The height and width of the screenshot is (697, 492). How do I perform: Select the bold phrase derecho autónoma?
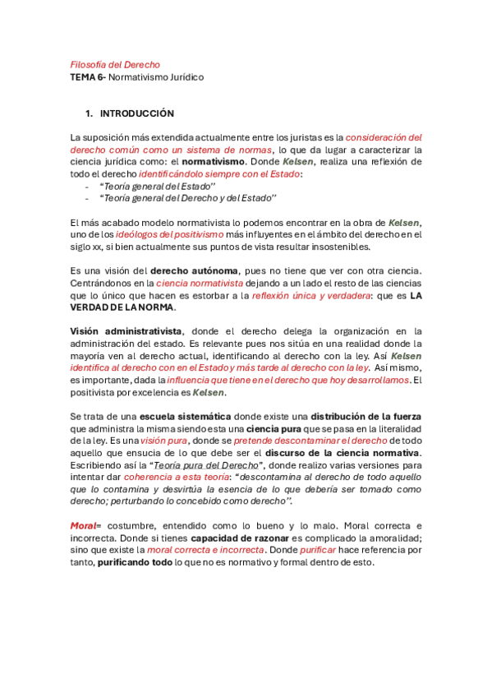[x=195, y=270]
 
